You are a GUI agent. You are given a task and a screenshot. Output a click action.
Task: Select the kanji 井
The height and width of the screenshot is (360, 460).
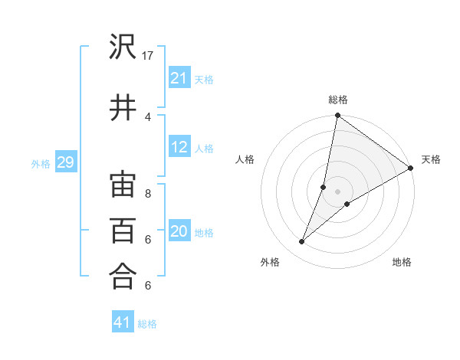pyautogui.click(x=123, y=107)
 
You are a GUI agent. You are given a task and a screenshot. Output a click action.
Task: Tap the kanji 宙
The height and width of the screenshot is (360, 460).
pyautogui.click(x=123, y=185)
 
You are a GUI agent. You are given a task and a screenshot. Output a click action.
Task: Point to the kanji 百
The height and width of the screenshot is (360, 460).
pyautogui.click(x=123, y=231)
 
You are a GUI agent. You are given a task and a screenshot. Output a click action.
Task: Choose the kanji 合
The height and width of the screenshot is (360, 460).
pyautogui.click(x=123, y=276)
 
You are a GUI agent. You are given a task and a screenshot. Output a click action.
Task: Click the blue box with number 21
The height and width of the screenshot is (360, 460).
pyautogui.click(x=179, y=78)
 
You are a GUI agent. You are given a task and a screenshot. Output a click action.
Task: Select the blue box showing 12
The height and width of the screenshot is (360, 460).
pyautogui.click(x=179, y=148)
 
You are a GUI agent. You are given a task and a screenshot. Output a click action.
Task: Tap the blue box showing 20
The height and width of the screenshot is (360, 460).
pyautogui.click(x=179, y=232)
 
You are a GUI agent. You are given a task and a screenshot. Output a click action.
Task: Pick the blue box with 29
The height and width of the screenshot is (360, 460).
pyautogui.click(x=64, y=162)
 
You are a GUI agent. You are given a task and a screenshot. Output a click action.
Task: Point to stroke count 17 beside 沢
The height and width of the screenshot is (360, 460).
pyautogui.click(x=148, y=56)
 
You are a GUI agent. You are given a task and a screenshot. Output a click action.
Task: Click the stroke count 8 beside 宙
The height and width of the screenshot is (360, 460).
pyautogui.click(x=148, y=194)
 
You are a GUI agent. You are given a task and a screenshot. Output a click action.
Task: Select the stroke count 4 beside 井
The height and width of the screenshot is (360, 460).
pyautogui.click(x=148, y=116)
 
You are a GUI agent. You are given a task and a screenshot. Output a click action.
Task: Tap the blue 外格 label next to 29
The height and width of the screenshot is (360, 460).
pyautogui.click(x=40, y=163)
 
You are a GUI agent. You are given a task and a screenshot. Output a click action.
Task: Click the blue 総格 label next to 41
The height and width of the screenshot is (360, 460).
pyautogui.click(x=147, y=323)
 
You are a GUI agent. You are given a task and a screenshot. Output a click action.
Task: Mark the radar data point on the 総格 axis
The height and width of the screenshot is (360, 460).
pyautogui.click(x=337, y=116)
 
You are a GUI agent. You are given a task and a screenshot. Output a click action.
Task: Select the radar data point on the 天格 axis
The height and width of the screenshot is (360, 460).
pyautogui.click(x=410, y=168)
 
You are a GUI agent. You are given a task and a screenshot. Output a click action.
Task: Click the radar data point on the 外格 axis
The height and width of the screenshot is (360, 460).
pyautogui.click(x=302, y=242)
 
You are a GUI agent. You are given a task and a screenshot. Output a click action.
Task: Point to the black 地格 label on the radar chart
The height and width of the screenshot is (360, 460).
pyautogui.click(x=402, y=262)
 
